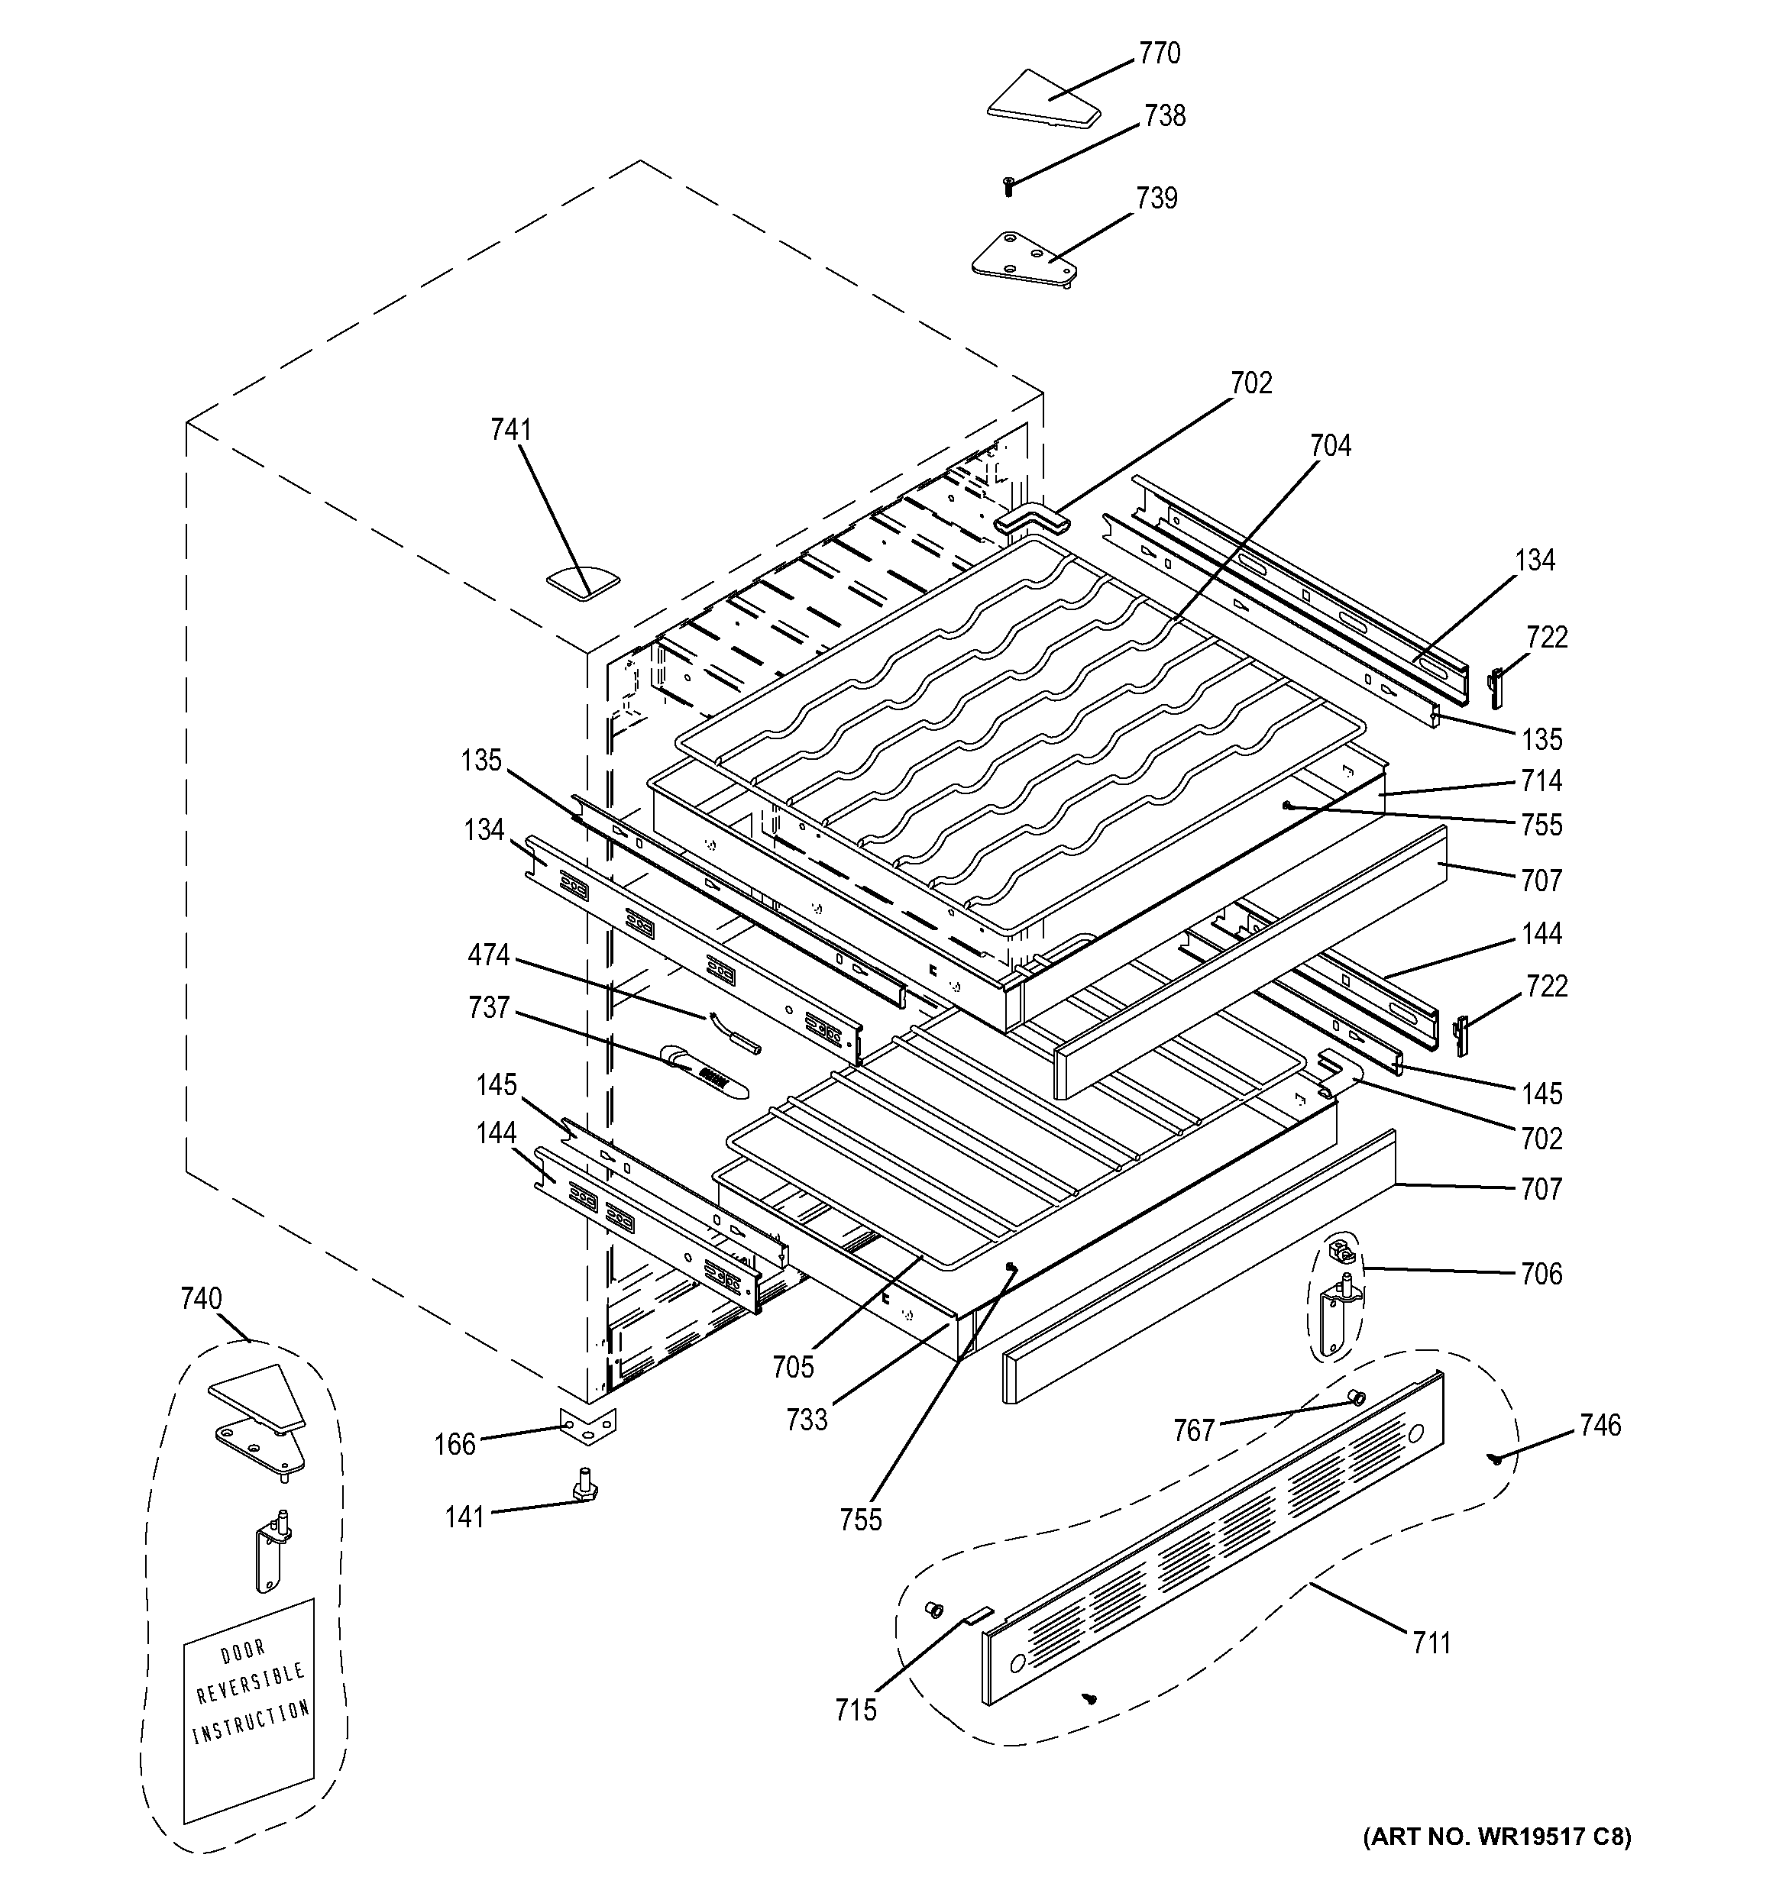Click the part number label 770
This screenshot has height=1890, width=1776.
pos(1159,53)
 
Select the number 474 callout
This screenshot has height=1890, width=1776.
pos(489,955)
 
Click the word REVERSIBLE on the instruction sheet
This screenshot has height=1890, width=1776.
pos(250,1684)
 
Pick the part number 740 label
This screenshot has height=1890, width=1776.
pos(201,1299)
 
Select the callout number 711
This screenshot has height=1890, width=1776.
pos(1431,1642)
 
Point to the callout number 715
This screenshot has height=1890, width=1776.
pos(856,1711)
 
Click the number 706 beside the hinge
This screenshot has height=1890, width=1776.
pos(1541,1273)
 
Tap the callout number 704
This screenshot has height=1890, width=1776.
pos(1330,445)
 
